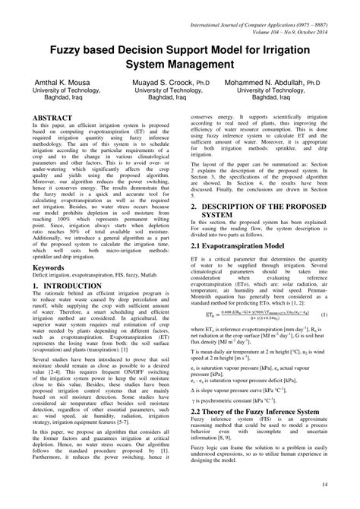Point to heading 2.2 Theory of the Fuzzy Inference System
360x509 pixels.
coord(263,409)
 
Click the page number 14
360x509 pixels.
coord(324,484)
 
